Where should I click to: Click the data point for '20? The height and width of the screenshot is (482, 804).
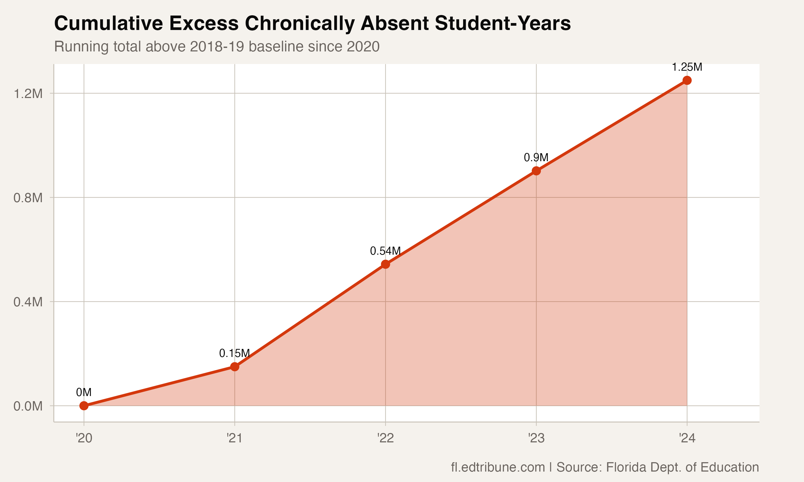click(84, 406)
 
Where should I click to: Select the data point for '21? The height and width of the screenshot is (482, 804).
click(235, 367)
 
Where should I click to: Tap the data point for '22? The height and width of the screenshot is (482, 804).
click(385, 264)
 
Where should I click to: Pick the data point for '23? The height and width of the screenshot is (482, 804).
click(536, 171)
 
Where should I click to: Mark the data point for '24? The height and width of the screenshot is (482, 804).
click(687, 80)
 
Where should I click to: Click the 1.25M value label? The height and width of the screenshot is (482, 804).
click(687, 67)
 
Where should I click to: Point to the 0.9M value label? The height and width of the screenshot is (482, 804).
click(536, 158)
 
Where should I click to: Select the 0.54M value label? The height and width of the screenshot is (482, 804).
click(385, 251)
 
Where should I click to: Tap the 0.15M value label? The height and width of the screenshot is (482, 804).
click(235, 353)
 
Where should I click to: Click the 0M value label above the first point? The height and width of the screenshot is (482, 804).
click(84, 392)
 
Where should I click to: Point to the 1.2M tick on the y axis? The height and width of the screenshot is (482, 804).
click(28, 94)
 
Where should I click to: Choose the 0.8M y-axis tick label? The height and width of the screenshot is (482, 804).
click(28, 198)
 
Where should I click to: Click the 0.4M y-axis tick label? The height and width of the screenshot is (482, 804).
click(28, 302)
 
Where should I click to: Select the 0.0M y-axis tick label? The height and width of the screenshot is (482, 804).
click(28, 406)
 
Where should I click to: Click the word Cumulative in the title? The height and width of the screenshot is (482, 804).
click(108, 24)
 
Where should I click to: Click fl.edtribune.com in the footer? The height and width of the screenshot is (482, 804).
click(498, 467)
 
